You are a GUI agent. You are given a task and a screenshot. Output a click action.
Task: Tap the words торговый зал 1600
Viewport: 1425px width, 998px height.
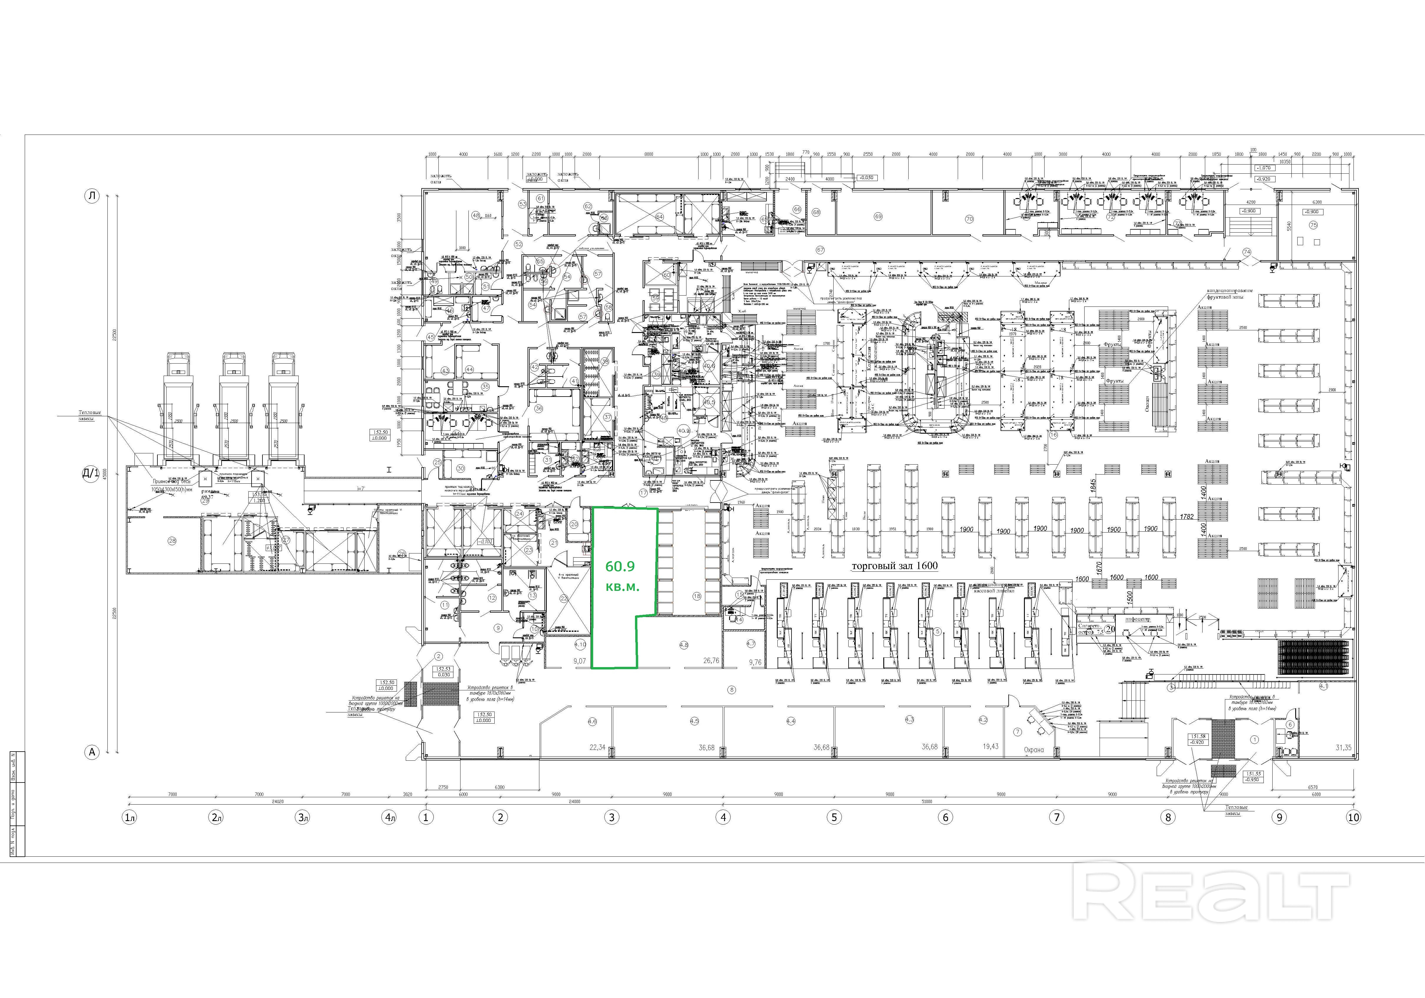pyautogui.click(x=894, y=566)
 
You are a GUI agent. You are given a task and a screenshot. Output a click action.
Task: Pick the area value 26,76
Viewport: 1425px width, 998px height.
pyautogui.click(x=711, y=661)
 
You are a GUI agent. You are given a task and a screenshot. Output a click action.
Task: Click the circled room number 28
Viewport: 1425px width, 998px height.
pyautogui.click(x=172, y=541)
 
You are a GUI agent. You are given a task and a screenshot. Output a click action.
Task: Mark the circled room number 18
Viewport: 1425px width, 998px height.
pyautogui.click(x=697, y=596)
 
